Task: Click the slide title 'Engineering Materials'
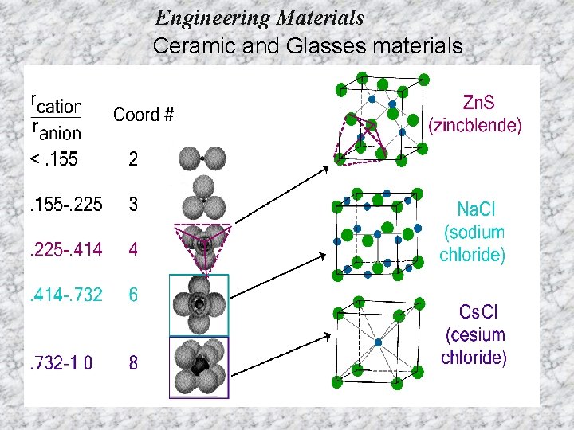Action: [260, 17]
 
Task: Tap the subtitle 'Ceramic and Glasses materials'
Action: [307, 46]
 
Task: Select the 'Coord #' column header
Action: [143, 115]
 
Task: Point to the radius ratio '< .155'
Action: [53, 159]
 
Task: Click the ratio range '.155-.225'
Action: [65, 205]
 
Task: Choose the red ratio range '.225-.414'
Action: [65, 249]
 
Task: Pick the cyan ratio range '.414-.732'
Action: [65, 295]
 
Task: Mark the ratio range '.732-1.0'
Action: [61, 363]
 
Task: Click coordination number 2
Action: [133, 159]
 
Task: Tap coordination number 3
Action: [133, 205]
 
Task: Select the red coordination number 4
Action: [133, 249]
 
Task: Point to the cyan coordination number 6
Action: [133, 295]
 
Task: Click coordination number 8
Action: [133, 363]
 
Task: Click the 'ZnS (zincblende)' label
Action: [475, 113]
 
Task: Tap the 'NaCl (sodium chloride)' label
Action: [472, 232]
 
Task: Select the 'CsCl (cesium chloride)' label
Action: [474, 334]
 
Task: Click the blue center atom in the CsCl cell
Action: [378, 343]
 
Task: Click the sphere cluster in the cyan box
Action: [199, 305]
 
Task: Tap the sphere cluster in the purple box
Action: [199, 367]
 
